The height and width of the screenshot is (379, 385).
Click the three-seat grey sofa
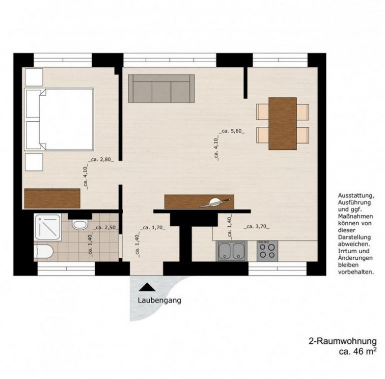(x=161, y=89)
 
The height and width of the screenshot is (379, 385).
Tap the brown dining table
(x=283, y=124)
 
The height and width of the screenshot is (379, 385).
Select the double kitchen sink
(x=232, y=251)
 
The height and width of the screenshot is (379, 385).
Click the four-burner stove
(x=267, y=251)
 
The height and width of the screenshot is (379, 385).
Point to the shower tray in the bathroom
(x=48, y=227)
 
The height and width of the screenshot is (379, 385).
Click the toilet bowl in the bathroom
(x=80, y=225)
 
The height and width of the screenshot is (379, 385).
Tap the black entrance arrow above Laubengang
(x=147, y=287)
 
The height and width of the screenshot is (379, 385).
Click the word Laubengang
(x=159, y=301)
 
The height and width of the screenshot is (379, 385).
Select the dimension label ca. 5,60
(x=233, y=131)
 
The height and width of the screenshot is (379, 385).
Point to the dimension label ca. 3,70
(x=257, y=227)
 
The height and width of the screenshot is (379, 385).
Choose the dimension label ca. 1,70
(x=152, y=228)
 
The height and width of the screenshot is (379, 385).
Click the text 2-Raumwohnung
(x=343, y=341)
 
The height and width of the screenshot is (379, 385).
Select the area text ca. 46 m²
(x=358, y=351)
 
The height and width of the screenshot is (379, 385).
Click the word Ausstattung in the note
(x=356, y=196)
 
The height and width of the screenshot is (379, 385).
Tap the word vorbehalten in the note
(x=356, y=272)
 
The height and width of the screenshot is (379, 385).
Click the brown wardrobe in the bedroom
(x=52, y=199)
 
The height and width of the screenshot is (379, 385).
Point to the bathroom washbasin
(x=43, y=252)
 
